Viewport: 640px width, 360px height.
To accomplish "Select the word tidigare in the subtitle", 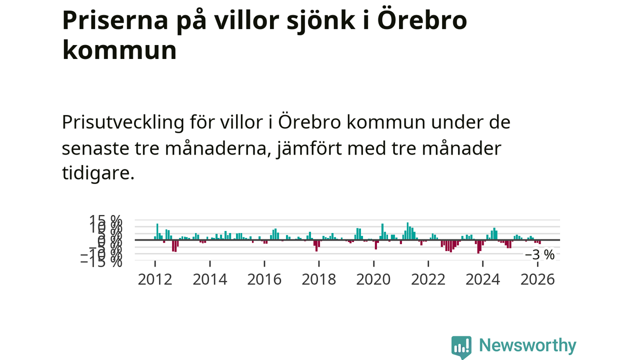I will point(98,174).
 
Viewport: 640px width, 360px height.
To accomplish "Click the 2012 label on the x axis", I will point(155,279).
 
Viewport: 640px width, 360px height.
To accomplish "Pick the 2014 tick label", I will point(210,279).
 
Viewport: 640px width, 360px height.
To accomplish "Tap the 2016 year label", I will point(264,279).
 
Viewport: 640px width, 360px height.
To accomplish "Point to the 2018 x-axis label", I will point(319,279).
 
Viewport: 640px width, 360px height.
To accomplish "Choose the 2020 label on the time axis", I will point(373,279).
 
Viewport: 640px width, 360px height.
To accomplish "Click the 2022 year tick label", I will point(428,279).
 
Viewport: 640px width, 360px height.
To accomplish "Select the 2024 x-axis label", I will point(482,279).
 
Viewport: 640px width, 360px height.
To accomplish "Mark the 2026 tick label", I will point(537,279).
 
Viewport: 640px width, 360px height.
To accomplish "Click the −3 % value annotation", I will point(539,254).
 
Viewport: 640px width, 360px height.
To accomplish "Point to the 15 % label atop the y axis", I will point(105,220).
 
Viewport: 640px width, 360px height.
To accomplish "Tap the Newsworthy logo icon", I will point(461,346).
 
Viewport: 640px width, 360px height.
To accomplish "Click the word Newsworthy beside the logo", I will point(527,345).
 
